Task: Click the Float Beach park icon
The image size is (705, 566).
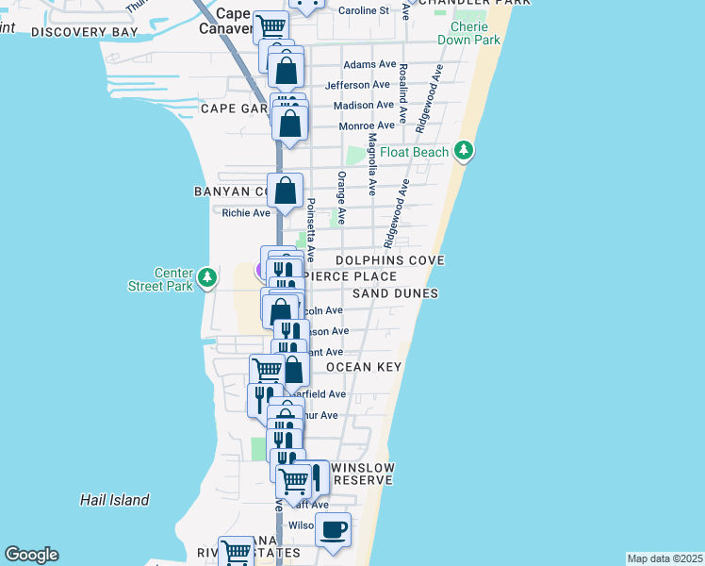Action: coord(463,151)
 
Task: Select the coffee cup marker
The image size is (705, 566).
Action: coord(332,530)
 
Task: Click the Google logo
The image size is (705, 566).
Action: coord(31,555)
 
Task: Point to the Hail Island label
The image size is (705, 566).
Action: coord(114,500)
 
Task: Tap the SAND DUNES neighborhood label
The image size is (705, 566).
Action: coord(396,293)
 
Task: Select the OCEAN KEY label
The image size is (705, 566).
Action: coord(364,366)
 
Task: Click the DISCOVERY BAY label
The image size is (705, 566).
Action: coord(84,32)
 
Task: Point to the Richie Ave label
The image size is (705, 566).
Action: coord(245,213)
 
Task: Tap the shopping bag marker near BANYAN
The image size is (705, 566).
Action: coord(285,191)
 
